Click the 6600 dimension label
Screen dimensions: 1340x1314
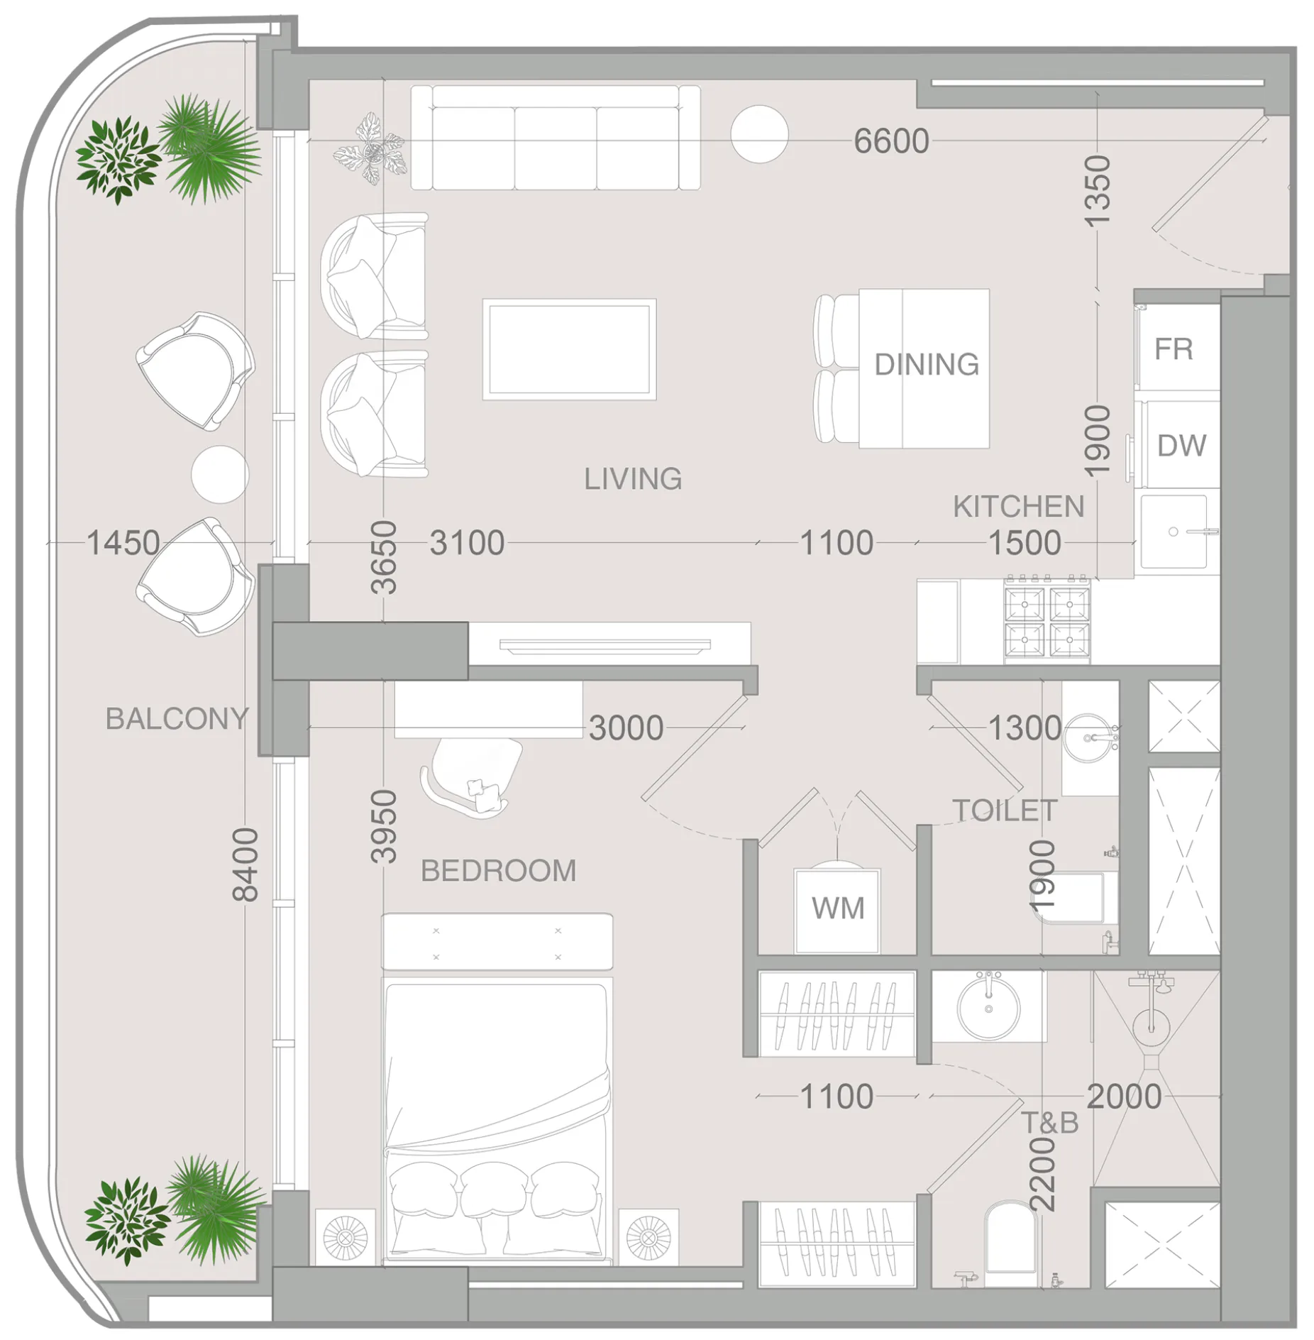coord(890,141)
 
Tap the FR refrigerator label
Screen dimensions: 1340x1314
coord(1173,349)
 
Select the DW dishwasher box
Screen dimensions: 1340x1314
coord(1181,445)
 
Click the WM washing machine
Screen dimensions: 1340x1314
coord(837,909)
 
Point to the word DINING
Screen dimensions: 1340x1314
coord(926,365)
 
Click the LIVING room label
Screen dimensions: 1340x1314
coord(632,479)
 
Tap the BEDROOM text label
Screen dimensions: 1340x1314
coord(498,871)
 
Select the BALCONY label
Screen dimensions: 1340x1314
coord(177,719)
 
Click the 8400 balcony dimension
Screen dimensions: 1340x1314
coord(245,864)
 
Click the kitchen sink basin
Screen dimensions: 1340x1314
coord(1174,532)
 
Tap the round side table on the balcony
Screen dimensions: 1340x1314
coord(220,474)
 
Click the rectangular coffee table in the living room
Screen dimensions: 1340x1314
coord(569,349)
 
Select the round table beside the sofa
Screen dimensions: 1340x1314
coord(759,134)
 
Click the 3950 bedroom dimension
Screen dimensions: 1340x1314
coord(384,826)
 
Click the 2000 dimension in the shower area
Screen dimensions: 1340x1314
coord(1123,1097)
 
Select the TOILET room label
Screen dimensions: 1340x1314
coord(1004,811)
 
